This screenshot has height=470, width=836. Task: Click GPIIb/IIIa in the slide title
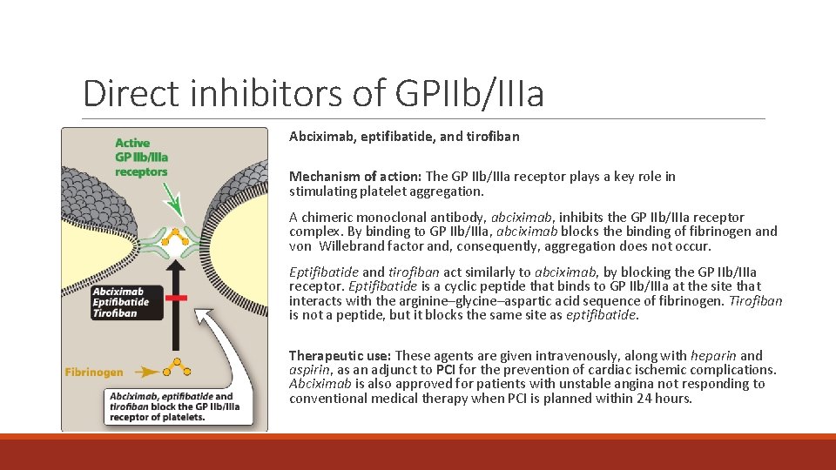(x=469, y=93)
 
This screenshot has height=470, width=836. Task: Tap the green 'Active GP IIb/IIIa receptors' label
(x=141, y=157)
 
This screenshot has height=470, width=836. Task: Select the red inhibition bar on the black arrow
(x=177, y=298)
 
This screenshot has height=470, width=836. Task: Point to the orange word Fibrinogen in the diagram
(x=94, y=372)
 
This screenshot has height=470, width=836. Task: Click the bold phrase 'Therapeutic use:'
(x=340, y=356)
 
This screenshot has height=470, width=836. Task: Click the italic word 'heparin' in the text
(x=713, y=356)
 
